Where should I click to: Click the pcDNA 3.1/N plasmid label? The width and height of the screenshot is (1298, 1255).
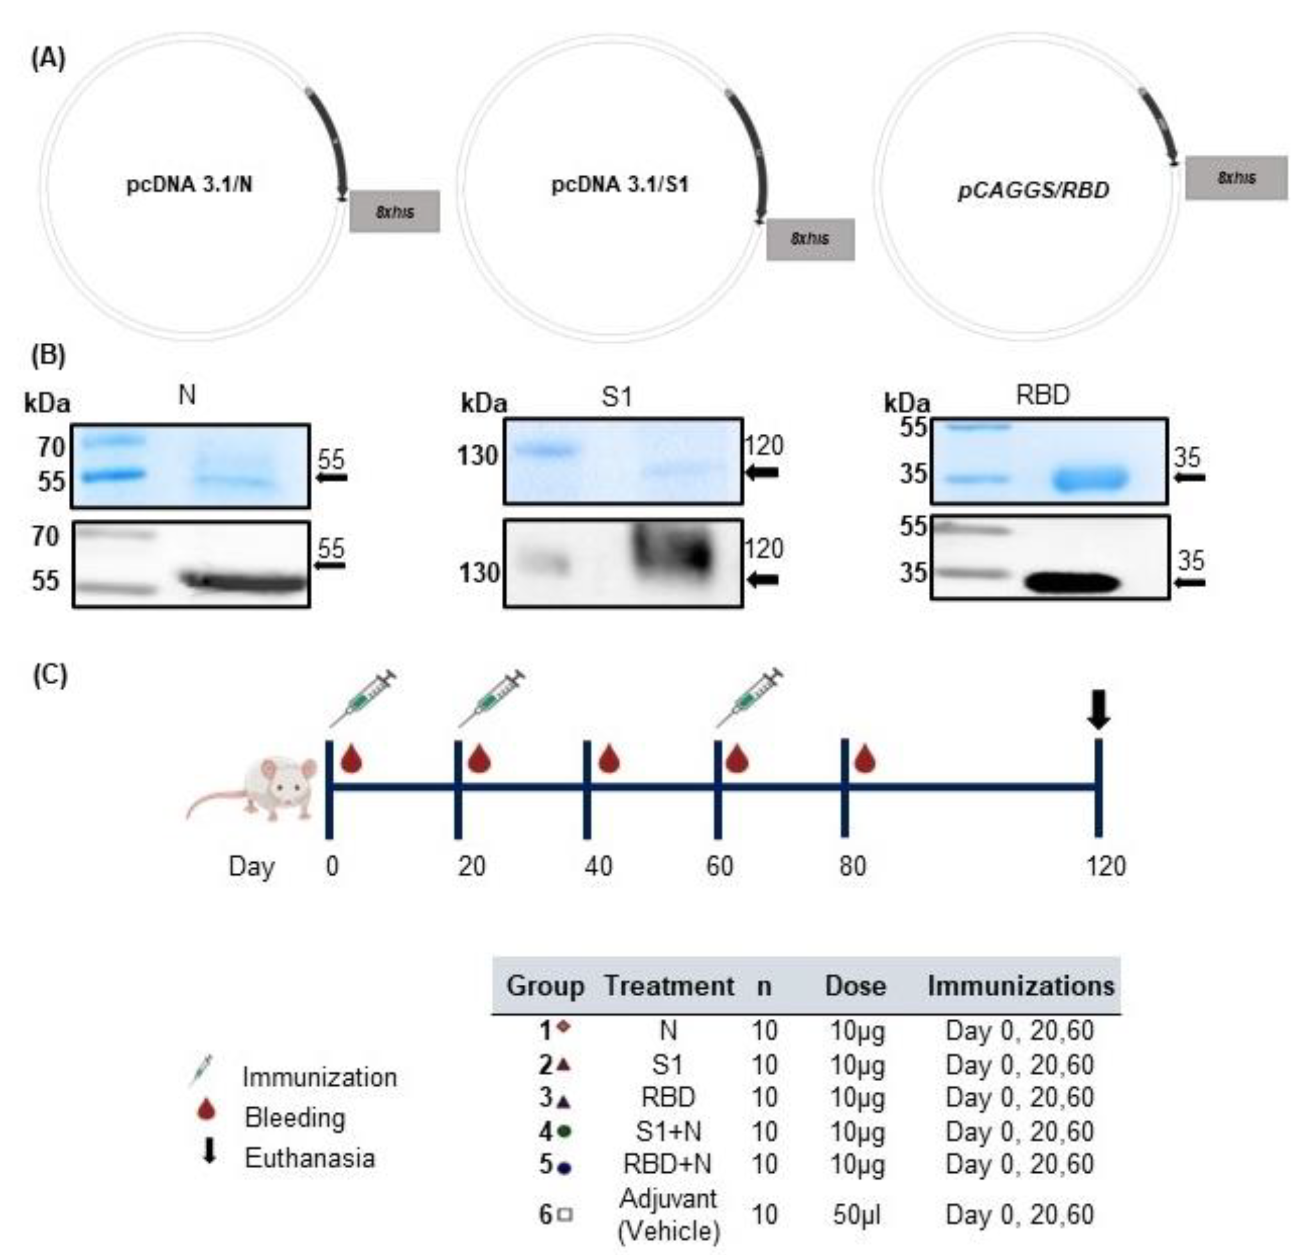pos(189,184)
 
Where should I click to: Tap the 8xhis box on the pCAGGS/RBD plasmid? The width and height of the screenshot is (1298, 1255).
pos(1236,178)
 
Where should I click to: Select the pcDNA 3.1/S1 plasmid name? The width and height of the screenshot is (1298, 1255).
pos(620,184)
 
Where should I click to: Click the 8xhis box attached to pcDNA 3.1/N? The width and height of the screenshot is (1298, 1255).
pos(395,211)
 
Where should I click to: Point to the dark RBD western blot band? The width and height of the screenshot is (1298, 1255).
pos(1072,583)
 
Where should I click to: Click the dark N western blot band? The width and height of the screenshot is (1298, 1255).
pos(244,582)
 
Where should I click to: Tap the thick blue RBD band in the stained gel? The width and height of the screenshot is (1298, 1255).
pos(1090,478)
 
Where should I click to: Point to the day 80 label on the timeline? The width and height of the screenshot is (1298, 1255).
pos(852,865)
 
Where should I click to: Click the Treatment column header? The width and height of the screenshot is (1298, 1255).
pos(669,985)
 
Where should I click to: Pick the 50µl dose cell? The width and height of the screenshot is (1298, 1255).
pos(856,1214)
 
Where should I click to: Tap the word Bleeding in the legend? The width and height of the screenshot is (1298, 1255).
pos(295,1117)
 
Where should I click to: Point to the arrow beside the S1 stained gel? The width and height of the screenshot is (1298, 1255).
pos(762,472)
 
